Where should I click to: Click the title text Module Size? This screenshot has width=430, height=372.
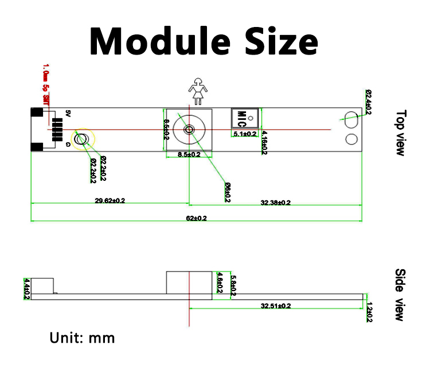[204, 41]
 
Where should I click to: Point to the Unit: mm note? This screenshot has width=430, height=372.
[82, 338]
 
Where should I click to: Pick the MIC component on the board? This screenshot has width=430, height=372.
[241, 118]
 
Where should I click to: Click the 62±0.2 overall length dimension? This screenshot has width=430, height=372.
[196, 218]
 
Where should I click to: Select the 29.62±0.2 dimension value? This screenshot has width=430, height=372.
[110, 200]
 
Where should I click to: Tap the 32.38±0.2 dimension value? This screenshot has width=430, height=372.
[275, 203]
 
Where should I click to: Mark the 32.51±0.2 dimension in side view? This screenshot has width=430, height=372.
[275, 306]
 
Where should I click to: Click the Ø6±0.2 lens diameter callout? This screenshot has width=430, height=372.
[227, 192]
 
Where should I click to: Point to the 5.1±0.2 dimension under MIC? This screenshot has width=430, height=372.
[245, 134]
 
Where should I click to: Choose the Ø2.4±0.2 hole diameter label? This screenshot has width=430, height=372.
[368, 102]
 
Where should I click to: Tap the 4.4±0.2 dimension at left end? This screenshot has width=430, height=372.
[26, 288]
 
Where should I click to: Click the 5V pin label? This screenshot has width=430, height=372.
[67, 113]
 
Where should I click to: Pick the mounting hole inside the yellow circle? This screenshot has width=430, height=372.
[83, 138]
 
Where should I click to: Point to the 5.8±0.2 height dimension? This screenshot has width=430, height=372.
[232, 285]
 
